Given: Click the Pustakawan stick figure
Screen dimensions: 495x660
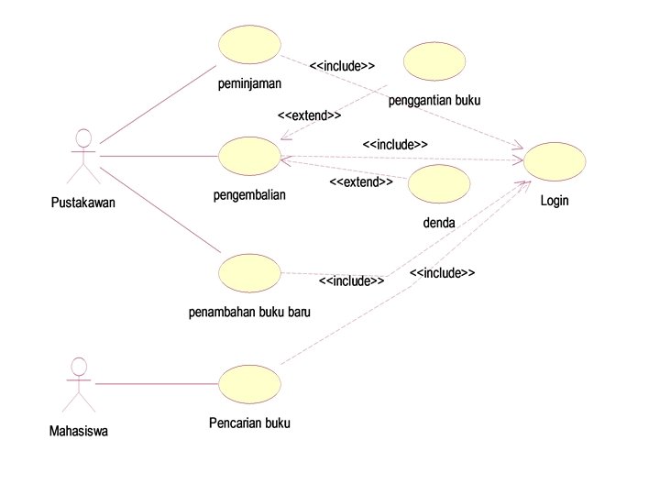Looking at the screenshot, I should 83,159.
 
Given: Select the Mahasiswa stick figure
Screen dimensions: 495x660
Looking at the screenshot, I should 79,384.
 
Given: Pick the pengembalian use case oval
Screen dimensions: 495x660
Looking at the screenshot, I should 249,156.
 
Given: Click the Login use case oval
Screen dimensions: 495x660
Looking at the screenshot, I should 555,162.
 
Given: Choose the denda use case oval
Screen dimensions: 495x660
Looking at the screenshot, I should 438,184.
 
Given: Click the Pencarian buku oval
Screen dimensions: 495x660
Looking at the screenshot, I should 249,383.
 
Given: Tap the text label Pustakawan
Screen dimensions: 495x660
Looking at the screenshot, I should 83,203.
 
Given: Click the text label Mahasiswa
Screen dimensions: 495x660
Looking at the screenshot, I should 79,430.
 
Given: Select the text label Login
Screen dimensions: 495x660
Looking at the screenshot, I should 555,201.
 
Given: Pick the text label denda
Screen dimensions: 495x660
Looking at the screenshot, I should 439,222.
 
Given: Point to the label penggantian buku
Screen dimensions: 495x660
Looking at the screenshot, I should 434,100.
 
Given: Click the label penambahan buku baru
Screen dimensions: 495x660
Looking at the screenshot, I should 249,312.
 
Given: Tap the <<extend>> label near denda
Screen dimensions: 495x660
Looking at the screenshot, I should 361,182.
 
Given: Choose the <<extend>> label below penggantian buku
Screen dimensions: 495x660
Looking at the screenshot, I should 309,116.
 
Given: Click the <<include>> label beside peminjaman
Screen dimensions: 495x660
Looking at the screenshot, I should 342,66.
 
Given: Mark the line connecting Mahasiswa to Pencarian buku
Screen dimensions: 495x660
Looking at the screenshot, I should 156,383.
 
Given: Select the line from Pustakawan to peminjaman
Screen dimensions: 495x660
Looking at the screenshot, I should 158,104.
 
